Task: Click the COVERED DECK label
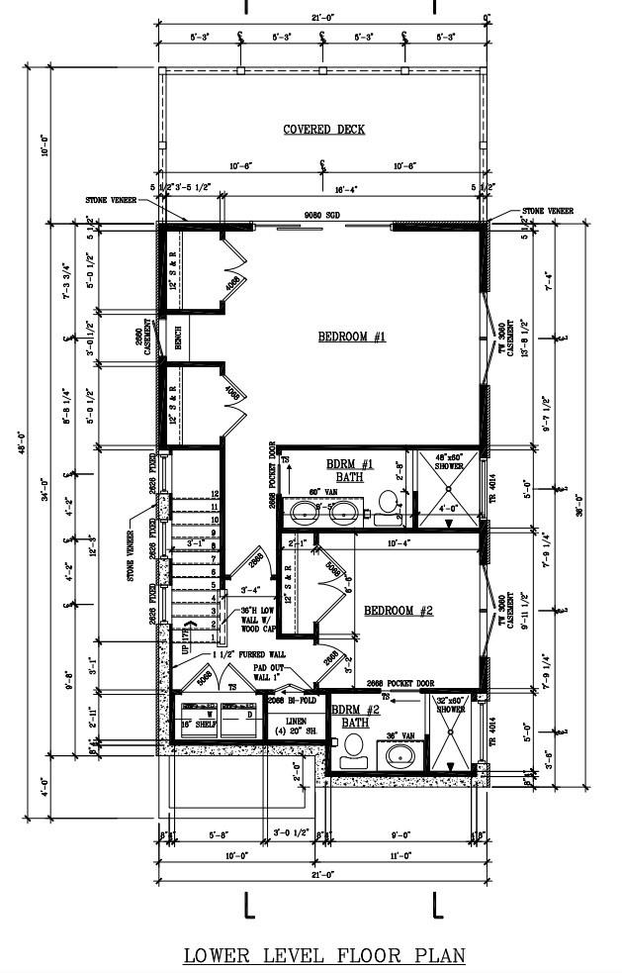point(323,130)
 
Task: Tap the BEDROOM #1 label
point(351,338)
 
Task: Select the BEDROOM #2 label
point(399,611)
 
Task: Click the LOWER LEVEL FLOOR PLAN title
point(323,956)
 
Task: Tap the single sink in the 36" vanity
point(400,756)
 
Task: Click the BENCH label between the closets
point(178,340)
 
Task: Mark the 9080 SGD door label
point(321,216)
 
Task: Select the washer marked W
point(209,713)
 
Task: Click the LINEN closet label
point(296,722)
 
